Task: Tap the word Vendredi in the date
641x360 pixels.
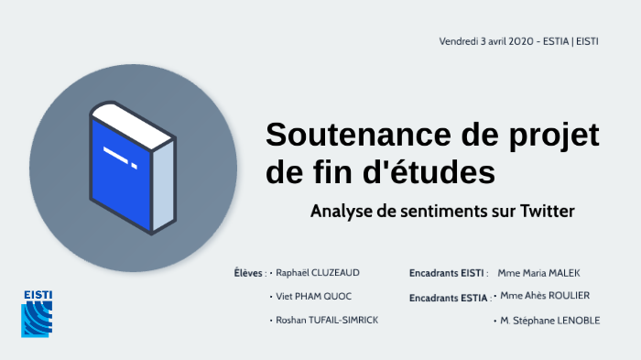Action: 460,42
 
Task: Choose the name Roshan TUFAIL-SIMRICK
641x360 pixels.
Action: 327,321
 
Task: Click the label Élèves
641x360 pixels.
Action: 249,273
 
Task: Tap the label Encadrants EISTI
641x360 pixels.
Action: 447,273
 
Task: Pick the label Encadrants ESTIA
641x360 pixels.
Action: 448,298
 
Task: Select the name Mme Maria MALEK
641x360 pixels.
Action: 538,273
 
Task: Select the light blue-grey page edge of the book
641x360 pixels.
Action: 162,183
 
